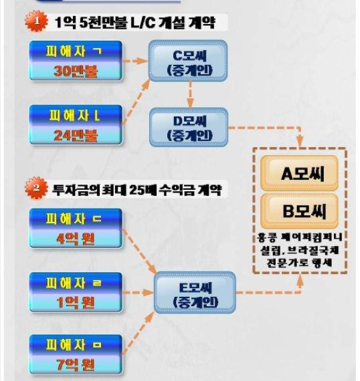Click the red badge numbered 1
coord(37,21)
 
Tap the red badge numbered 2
coord(37,188)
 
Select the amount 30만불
coord(76,72)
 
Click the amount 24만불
coord(76,135)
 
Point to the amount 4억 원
coord(76,239)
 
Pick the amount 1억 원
coord(76,303)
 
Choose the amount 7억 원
coord(76,364)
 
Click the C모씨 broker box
coord(188,61)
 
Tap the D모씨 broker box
coord(189,127)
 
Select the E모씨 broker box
coord(195,292)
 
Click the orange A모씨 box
coord(299,173)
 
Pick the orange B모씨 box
coord(299,211)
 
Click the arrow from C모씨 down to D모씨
coord(190,95)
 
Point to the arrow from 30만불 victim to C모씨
coord(136,61)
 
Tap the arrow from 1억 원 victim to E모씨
coord(138,293)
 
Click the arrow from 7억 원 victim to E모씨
coord(139,333)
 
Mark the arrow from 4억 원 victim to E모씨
coord(139,251)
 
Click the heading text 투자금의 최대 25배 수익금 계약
coord(137,189)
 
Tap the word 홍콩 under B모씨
coord(266,237)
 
